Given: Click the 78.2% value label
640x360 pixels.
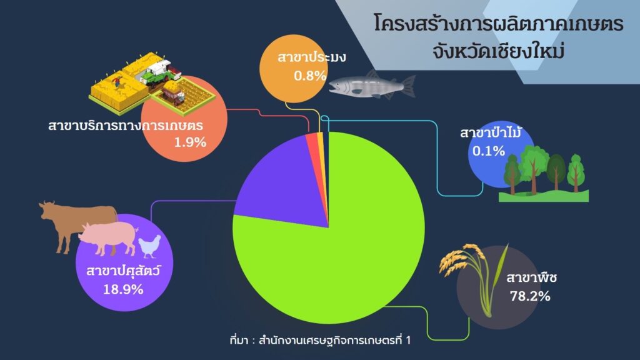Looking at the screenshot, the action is pos(530,296).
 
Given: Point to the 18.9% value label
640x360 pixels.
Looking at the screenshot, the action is pos(123,289).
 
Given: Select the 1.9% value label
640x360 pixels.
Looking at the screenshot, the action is pos(190,142).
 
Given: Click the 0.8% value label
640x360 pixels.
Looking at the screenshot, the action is pos(310,76).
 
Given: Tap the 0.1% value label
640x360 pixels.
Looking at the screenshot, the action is pos(489,151).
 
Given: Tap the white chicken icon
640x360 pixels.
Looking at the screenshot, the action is pos(149,246).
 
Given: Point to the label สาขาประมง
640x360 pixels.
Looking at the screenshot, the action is pos(311,57).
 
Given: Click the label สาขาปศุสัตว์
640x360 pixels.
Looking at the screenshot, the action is pos(123,270).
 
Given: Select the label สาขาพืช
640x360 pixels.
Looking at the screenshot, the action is pos(531,277).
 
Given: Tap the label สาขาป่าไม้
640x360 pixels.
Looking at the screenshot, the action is pos(490,132).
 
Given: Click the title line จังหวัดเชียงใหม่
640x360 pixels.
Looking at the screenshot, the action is pos(498,52).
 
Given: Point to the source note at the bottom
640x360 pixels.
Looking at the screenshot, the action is pos(321,340).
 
